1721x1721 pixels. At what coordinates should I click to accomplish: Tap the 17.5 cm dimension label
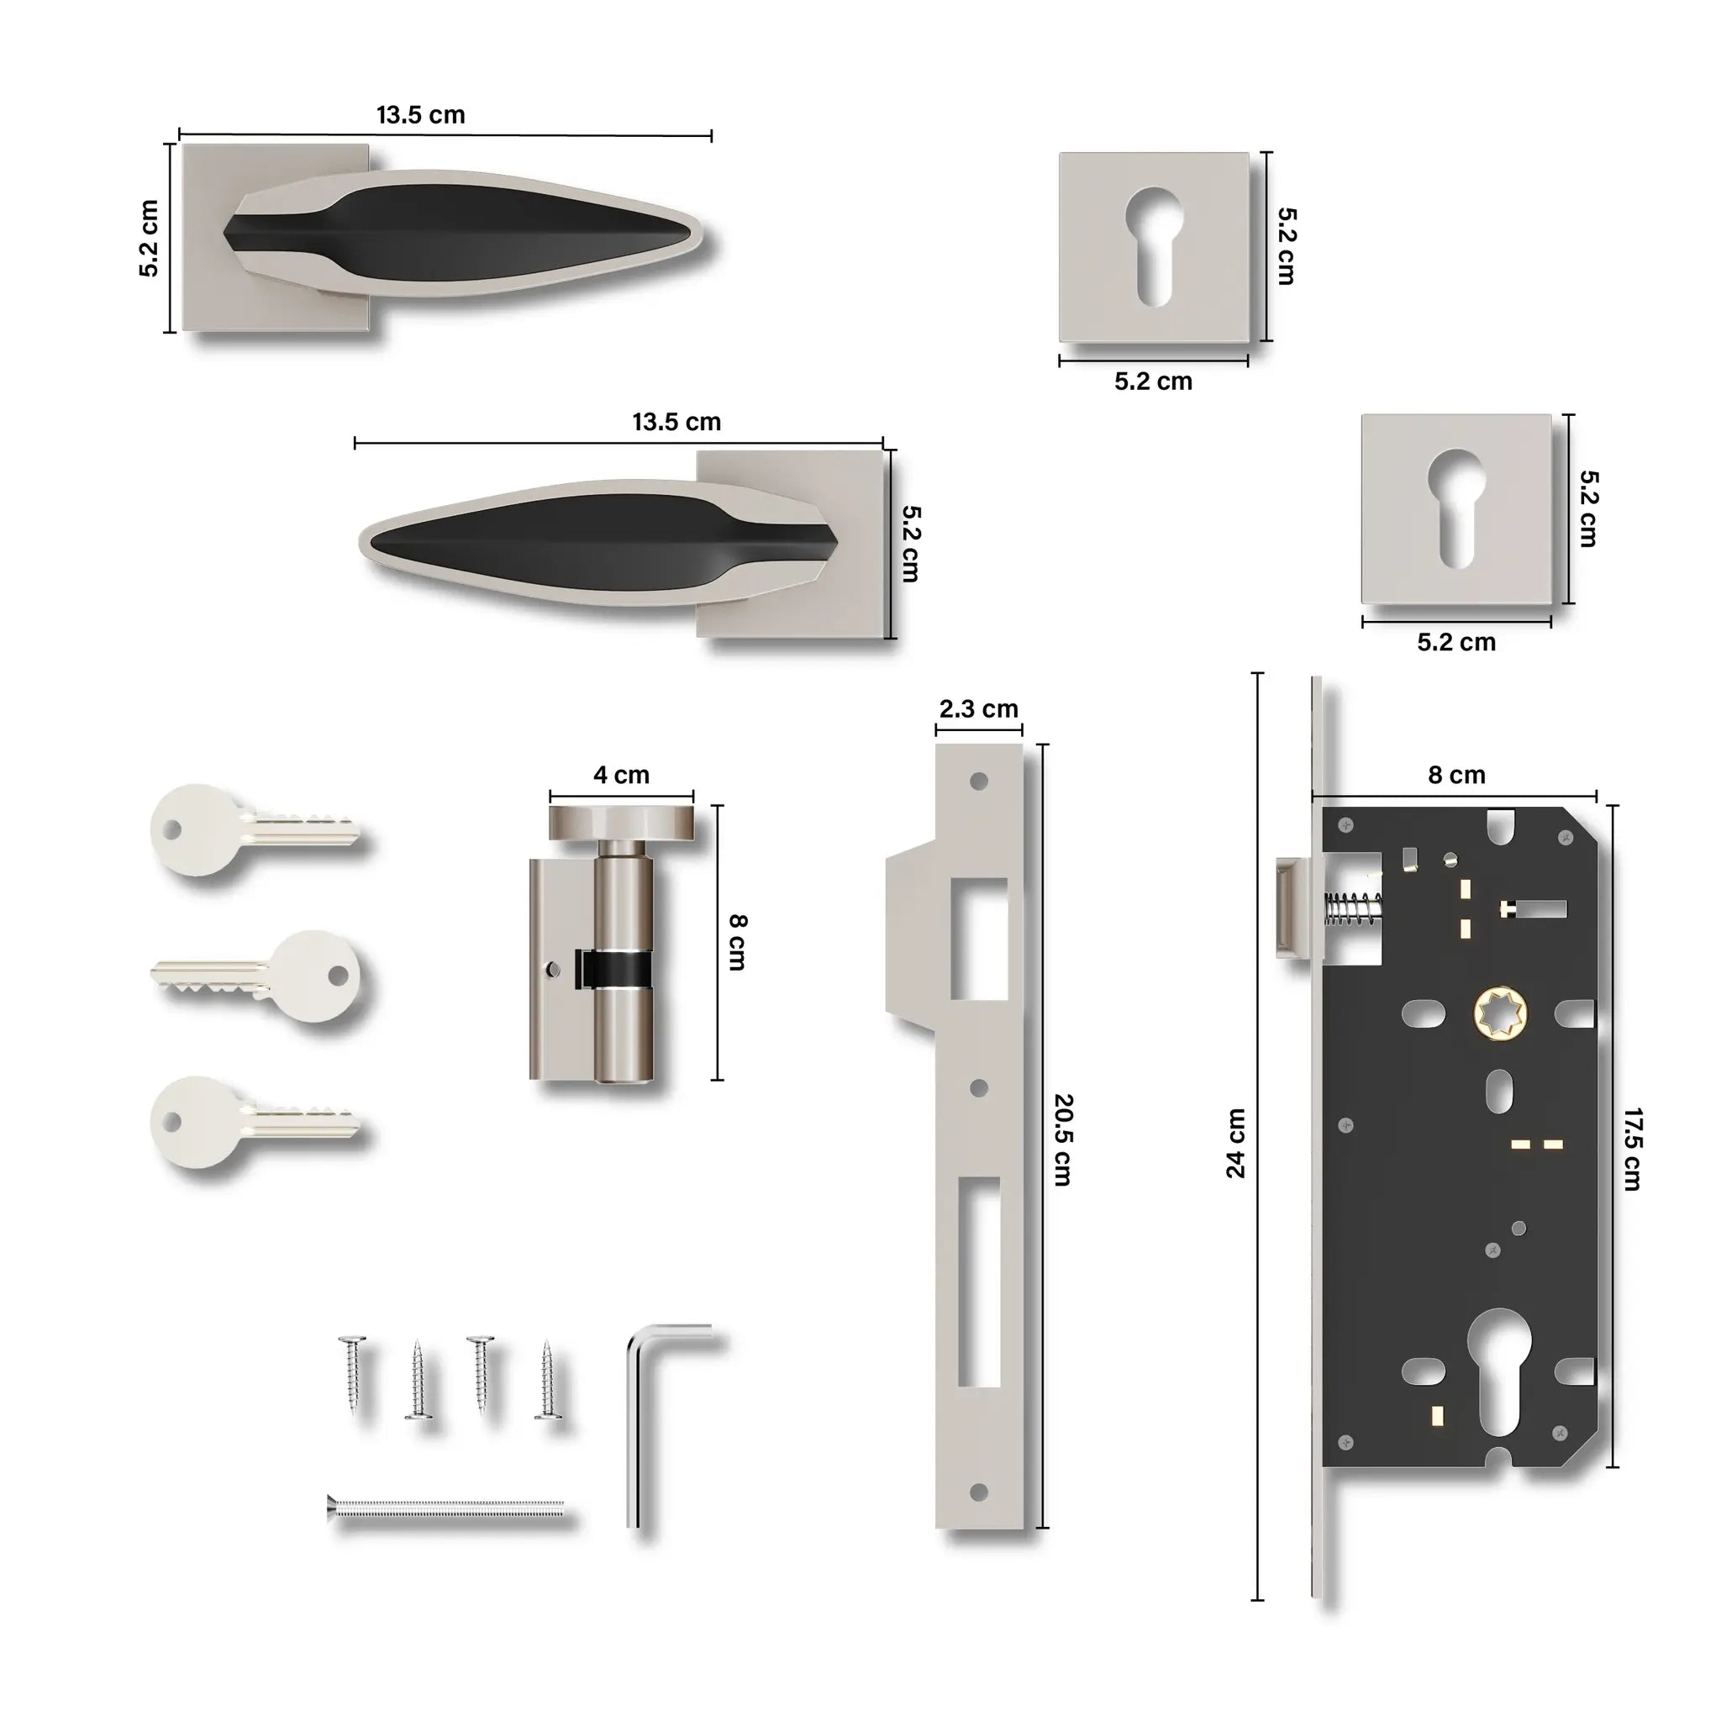pyautogui.click(x=1632, y=1149)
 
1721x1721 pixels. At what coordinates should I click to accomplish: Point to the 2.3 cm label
pyautogui.click(x=978, y=709)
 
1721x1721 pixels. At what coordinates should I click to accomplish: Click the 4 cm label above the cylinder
pyautogui.click(x=621, y=775)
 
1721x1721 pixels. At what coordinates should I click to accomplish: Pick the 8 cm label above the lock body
pyautogui.click(x=1456, y=775)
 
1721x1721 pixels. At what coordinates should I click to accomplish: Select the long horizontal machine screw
pyautogui.click(x=445, y=1508)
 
